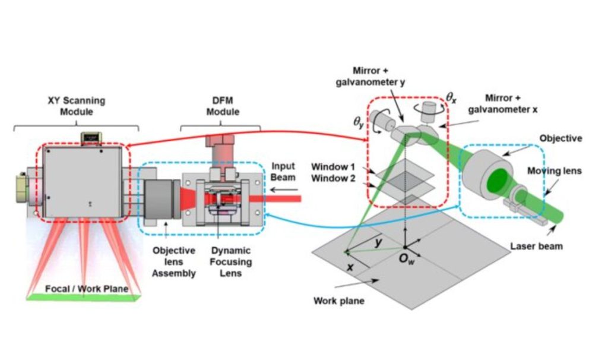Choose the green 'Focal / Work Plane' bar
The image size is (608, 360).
tap(83, 296)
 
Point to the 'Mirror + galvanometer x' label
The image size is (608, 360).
tap(507, 103)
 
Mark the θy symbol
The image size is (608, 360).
tap(359, 124)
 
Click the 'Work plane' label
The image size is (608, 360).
tap(338, 301)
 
